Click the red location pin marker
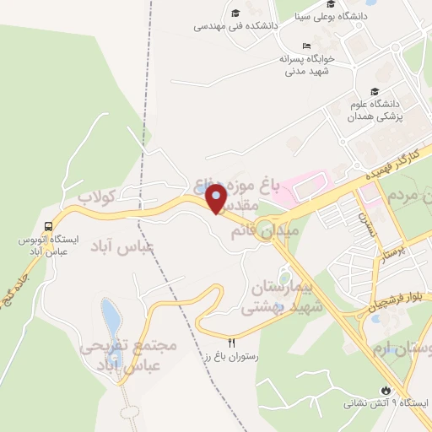216,199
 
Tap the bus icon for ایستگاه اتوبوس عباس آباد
48,226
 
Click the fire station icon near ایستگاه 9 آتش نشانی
386,390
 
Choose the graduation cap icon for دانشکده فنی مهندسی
236,12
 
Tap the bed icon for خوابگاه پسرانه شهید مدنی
306,46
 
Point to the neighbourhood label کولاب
96,196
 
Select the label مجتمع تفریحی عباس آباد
128,355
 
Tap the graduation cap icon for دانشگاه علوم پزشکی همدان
373,92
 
